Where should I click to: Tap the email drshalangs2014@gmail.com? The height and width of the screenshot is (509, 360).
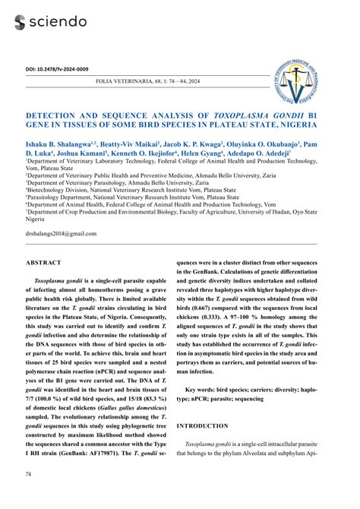(62, 233)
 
